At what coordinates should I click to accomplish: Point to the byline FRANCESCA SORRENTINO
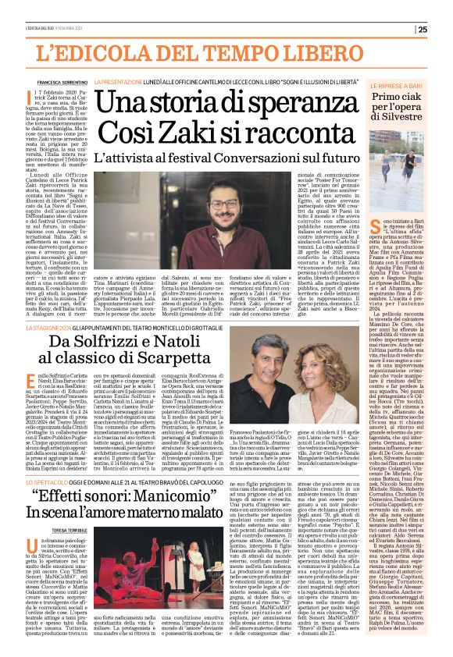59,81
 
